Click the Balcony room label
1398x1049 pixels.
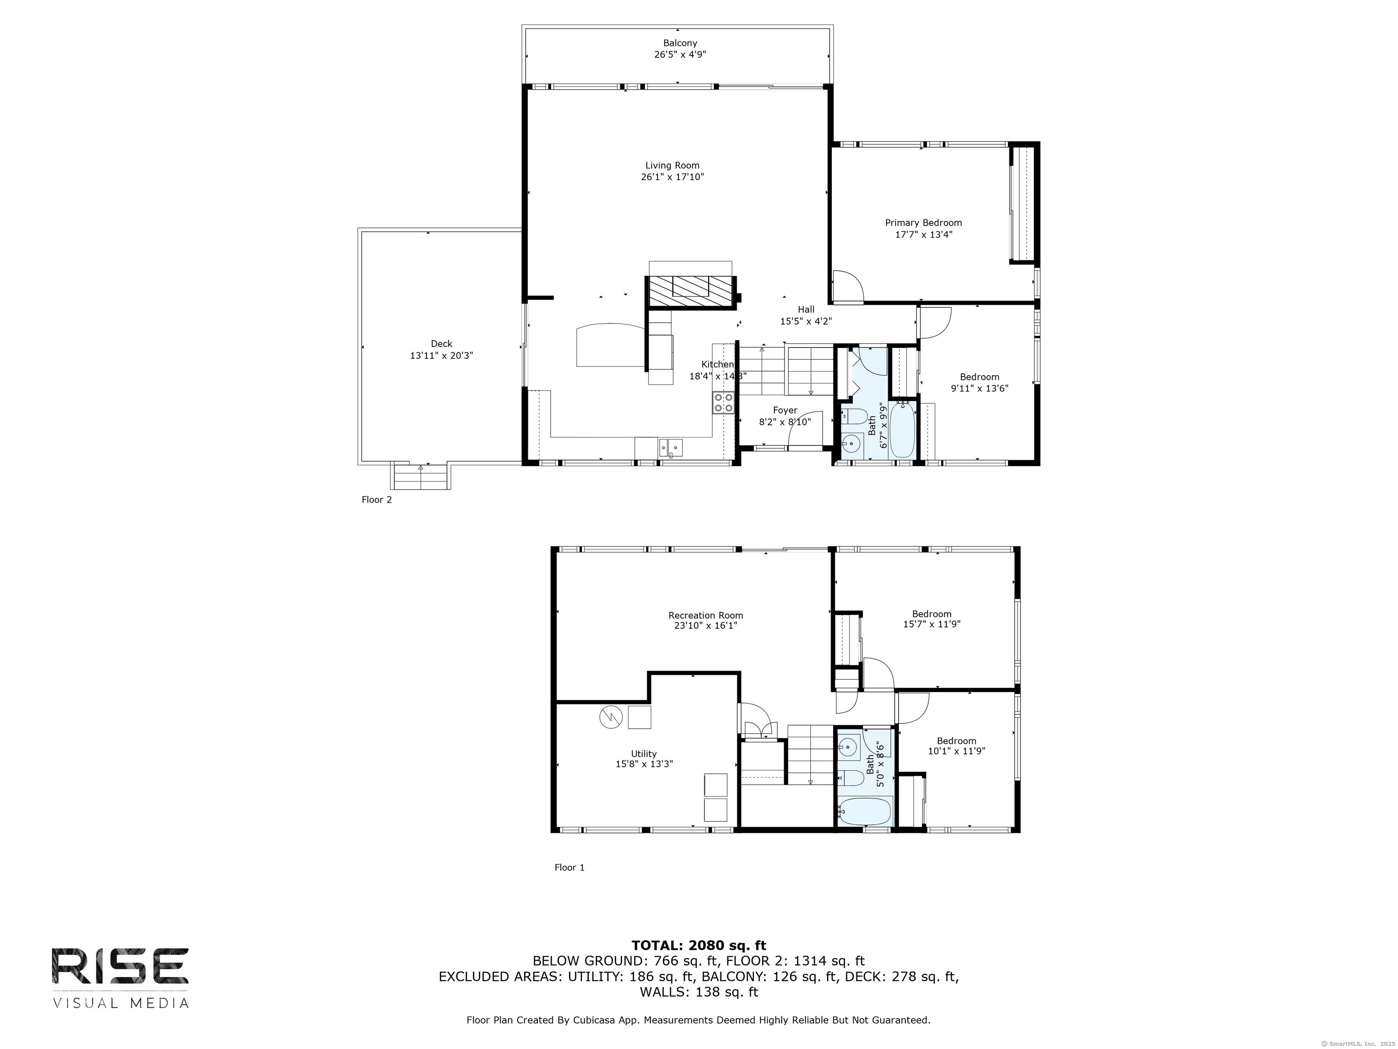coord(680,43)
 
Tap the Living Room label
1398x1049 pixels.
coord(673,166)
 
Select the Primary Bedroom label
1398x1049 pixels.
coord(923,223)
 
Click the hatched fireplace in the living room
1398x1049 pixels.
coord(691,291)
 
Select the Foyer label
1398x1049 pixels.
coord(785,410)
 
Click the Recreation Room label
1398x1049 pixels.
coord(706,615)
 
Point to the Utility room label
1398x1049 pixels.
coord(644,754)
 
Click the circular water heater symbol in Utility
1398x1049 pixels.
coord(611,717)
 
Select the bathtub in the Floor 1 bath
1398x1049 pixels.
coord(865,810)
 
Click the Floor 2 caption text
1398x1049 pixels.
coord(377,499)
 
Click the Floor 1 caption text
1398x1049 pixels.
coord(569,867)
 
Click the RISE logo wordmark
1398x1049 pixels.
coord(120,966)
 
